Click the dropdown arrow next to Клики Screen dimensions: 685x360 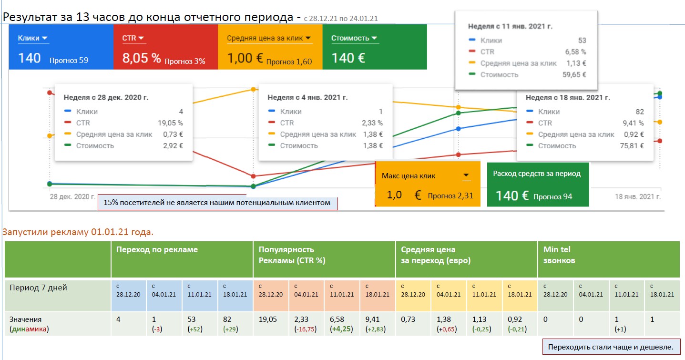(x=45, y=38)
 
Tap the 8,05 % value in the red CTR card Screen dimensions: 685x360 (x=141, y=58)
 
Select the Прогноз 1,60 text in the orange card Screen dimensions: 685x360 (x=289, y=62)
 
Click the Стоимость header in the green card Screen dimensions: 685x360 (x=350, y=38)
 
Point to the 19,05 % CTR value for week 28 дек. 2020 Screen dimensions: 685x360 (x=170, y=123)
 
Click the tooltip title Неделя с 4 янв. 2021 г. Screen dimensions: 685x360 (x=307, y=97)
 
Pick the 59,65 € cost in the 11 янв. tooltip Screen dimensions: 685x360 (x=574, y=75)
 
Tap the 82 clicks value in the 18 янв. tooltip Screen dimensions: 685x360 (x=639, y=112)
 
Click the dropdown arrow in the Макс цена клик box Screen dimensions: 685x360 (x=466, y=175)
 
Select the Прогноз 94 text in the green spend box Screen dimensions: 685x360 (x=552, y=196)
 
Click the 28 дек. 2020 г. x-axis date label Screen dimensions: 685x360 (x=72, y=196)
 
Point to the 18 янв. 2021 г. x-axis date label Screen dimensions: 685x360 (x=638, y=196)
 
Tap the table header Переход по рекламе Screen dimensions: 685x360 (x=157, y=249)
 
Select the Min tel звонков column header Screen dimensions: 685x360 (x=559, y=255)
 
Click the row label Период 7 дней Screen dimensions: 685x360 (x=38, y=288)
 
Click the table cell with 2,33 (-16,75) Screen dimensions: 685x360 (x=306, y=324)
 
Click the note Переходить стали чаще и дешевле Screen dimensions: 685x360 (x=611, y=347)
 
